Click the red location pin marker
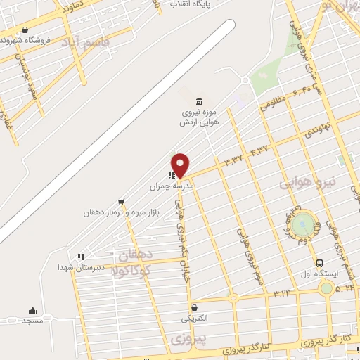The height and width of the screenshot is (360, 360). tap(181, 165)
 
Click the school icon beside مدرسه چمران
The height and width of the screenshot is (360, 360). tap(172, 176)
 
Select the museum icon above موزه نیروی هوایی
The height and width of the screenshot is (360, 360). tap(200, 101)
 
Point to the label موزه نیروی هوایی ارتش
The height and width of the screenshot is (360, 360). tap(200, 117)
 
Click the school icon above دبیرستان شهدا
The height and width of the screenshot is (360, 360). tap(82, 257)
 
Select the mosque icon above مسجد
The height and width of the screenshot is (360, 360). tap(32, 310)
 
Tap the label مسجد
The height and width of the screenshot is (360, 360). tap(32, 321)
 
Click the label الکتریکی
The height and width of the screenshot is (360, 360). tap(195, 319)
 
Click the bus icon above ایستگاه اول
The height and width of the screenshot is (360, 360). tap(320, 262)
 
